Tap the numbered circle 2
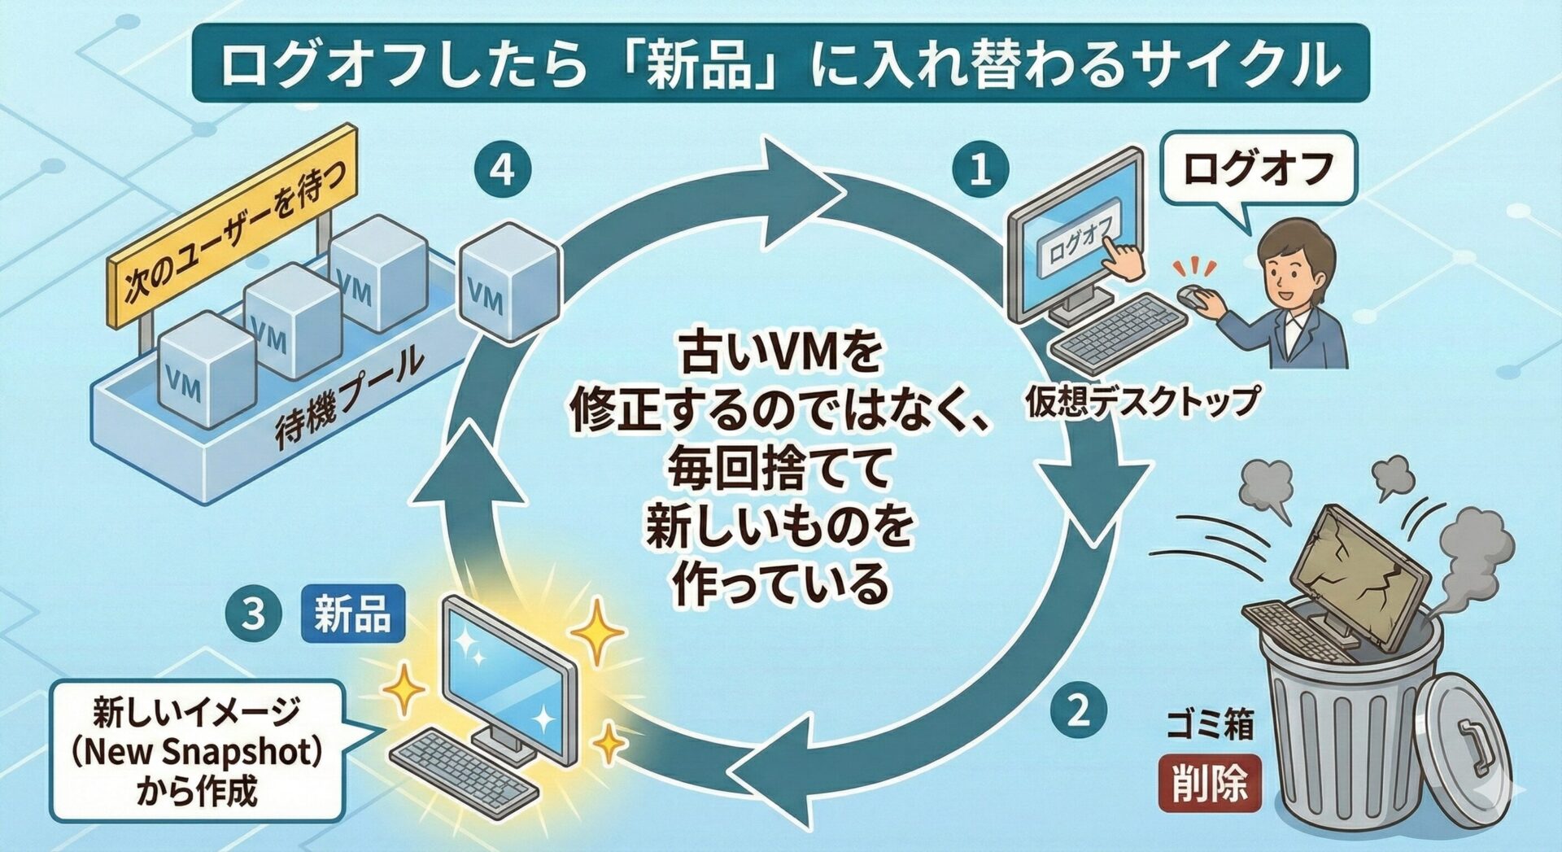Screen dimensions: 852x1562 [x=1078, y=710]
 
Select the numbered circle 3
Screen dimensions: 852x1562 [x=254, y=613]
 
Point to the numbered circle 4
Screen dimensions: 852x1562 [x=503, y=170]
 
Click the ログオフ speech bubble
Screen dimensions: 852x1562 [x=1258, y=169]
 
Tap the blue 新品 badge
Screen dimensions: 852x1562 [x=352, y=613]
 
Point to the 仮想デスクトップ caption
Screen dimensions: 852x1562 [x=1141, y=400]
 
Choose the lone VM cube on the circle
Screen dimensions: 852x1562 [x=509, y=282]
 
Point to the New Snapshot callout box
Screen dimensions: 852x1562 [x=196, y=750]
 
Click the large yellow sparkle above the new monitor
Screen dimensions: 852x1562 [x=598, y=631]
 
